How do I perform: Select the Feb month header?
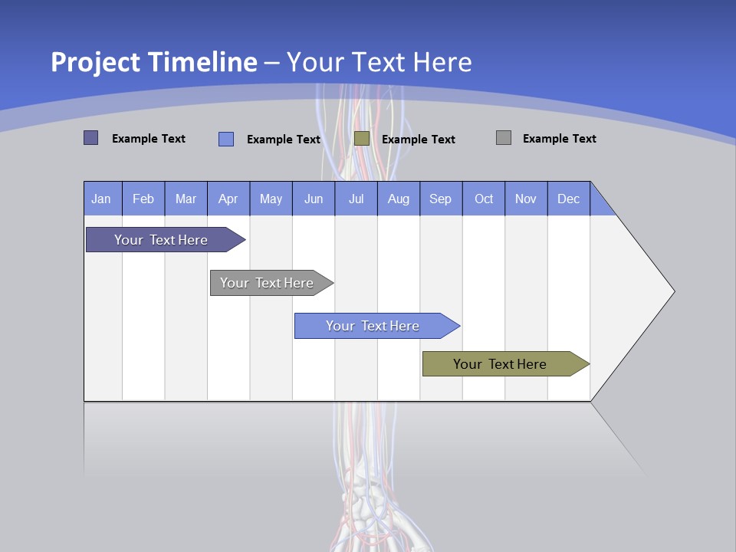pos(143,199)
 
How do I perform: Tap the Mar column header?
pos(186,199)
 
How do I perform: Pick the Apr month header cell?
pos(228,199)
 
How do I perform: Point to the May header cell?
pos(271,199)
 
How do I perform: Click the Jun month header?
pos(314,199)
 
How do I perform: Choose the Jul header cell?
pos(356,199)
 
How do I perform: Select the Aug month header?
pos(399,199)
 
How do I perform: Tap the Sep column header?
pos(441,199)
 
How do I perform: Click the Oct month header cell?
pos(484,199)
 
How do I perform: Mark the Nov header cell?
pos(526,199)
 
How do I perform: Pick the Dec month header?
pos(569,199)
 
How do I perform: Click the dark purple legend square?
pos(90,138)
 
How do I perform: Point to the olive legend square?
pos(362,138)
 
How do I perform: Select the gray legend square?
pos(503,138)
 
